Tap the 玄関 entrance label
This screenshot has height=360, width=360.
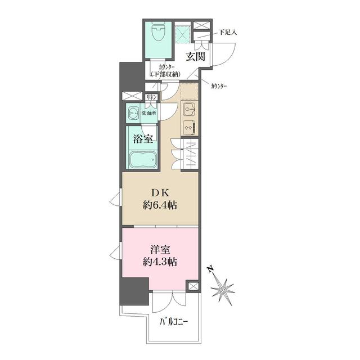(195, 56)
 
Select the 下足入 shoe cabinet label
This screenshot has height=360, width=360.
(227, 33)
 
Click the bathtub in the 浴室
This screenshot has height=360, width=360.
(142, 160)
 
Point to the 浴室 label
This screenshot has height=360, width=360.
(143, 139)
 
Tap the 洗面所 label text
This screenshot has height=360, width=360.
(148, 113)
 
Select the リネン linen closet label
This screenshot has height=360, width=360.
(151, 97)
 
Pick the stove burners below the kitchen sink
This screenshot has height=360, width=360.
(190, 128)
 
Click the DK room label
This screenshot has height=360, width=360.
(160, 193)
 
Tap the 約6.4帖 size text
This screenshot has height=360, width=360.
(160, 205)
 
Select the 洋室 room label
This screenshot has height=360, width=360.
(160, 250)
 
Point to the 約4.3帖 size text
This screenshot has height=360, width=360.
(160, 262)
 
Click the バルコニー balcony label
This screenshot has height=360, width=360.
(174, 322)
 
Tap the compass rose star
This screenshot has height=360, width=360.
(222, 291)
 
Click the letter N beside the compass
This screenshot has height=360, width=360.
(210, 269)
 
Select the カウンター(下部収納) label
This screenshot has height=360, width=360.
(166, 71)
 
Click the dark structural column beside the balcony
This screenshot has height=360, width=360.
(134, 291)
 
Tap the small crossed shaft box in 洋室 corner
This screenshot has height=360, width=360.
(193, 286)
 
